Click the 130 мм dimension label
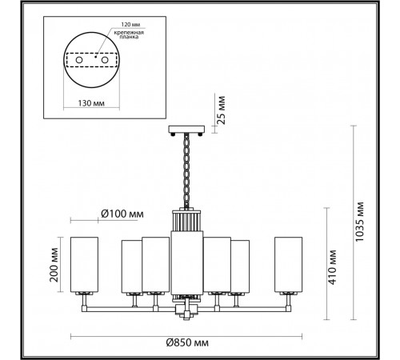pyautogui.click(x=91, y=103)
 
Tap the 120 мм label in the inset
pyautogui.click(x=130, y=25)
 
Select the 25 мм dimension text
pyautogui.click(x=221, y=110)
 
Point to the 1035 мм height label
pyautogui.click(x=359, y=222)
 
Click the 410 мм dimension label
pyautogui.click(x=332, y=267)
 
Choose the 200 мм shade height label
pyautogui.click(x=54, y=265)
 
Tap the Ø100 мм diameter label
pyautogui.click(x=122, y=214)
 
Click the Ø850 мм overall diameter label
pyautogui.click(x=187, y=342)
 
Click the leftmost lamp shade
pyautogui.click(x=84, y=265)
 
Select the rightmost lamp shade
pyautogui.click(x=289, y=265)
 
